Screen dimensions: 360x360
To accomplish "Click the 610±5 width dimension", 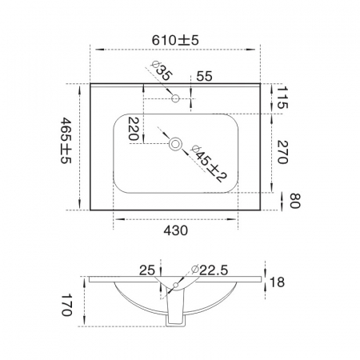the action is [175, 41].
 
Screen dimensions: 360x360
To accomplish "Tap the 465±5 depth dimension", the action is [66, 141].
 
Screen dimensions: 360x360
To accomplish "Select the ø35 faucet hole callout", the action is [162, 71].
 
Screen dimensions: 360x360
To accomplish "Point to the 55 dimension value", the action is [204, 77].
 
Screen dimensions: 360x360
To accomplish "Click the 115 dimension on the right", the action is [282, 98].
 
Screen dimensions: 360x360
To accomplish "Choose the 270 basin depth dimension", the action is [282, 152].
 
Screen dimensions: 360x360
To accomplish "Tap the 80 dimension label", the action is [295, 201].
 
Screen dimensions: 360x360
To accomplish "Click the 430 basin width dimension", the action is [176, 230].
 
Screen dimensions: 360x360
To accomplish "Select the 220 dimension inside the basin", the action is [134, 129].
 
